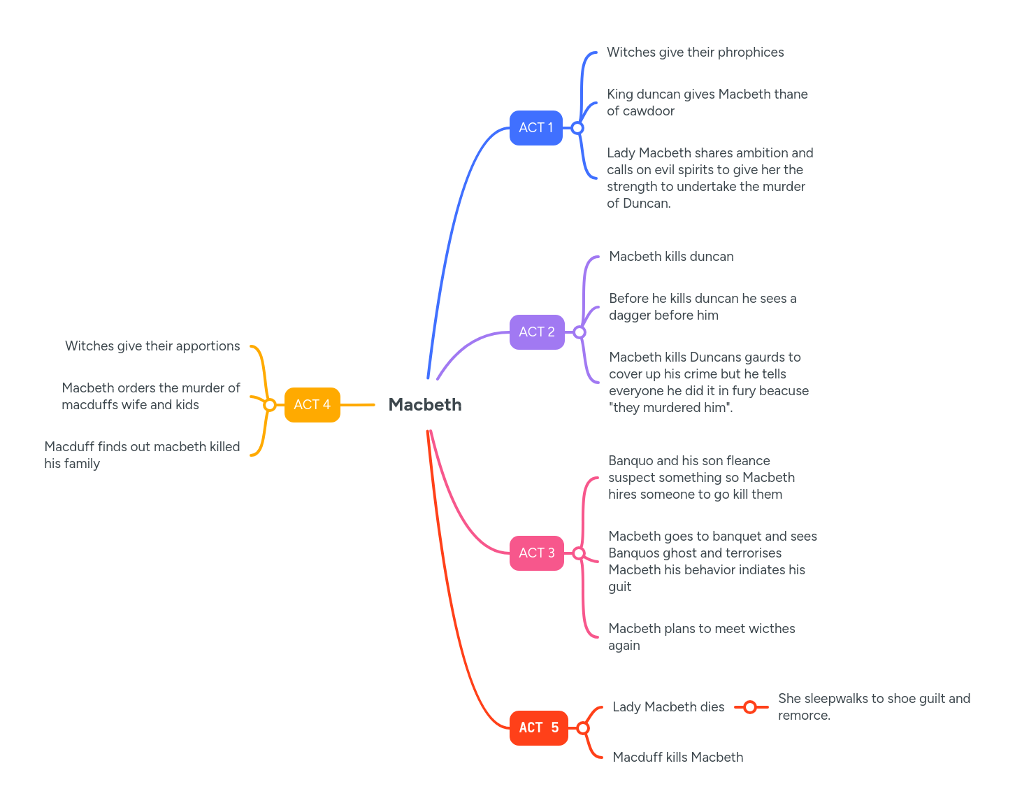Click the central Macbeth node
(425, 405)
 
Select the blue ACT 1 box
(536, 128)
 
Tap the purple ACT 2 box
(537, 332)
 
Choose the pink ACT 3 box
(537, 553)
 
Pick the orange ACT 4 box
(312, 405)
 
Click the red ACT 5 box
(538, 728)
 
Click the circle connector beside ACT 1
(577, 128)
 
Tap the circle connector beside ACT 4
(270, 405)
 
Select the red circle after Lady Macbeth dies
(750, 707)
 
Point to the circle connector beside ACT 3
(579, 553)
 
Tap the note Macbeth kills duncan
(671, 257)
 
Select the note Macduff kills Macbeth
(677, 758)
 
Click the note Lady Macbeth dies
(668, 707)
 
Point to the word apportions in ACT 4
(208, 346)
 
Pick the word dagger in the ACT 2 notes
(631, 315)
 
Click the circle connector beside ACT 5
(583, 728)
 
